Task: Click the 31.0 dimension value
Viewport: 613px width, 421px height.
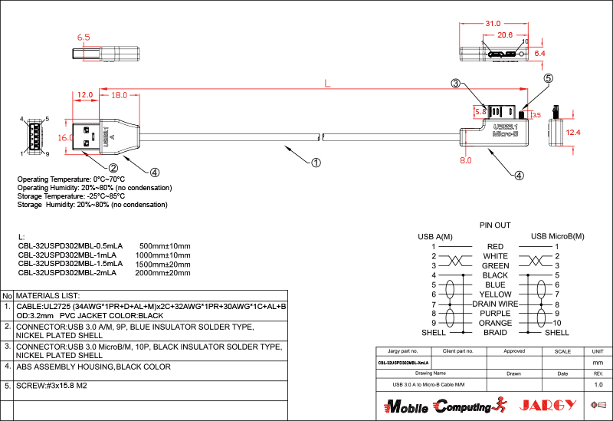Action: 493,24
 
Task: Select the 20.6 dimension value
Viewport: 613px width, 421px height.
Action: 505,35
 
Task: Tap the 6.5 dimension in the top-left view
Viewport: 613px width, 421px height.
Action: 84,37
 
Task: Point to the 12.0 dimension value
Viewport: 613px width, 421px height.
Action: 85,95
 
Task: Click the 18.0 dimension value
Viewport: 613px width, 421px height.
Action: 120,95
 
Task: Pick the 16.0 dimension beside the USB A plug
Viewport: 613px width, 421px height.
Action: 66,136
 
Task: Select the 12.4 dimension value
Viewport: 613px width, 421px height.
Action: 573,133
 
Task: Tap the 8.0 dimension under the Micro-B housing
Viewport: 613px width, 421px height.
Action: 465,161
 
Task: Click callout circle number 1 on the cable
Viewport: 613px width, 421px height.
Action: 315,163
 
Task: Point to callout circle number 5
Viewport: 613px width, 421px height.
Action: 548,78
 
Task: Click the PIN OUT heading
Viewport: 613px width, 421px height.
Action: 494,225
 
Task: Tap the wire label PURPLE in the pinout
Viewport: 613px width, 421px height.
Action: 495,314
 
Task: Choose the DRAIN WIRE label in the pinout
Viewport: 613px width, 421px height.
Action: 495,304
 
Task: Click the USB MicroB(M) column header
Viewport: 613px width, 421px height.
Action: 557,236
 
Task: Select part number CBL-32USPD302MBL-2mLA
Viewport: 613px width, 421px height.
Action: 67,272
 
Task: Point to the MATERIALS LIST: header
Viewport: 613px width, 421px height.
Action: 48,295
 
